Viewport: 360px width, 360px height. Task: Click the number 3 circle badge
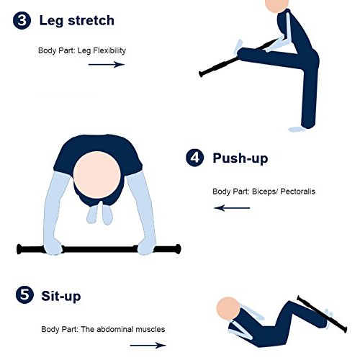(x=22, y=20)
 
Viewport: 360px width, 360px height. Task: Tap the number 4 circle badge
(x=195, y=158)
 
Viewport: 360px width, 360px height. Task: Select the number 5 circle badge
(x=24, y=294)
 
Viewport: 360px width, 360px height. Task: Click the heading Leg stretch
(x=76, y=21)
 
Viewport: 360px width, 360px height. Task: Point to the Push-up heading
(x=240, y=158)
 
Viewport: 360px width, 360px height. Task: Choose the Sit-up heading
(x=61, y=296)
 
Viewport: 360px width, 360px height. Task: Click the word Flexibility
(x=109, y=50)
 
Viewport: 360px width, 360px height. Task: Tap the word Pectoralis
(x=297, y=192)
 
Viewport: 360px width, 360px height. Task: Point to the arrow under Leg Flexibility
(x=107, y=64)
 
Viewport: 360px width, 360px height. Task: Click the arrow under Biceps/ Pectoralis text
(x=232, y=208)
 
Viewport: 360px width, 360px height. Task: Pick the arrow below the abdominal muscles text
(x=148, y=346)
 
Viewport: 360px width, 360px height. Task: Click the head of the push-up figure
(x=97, y=175)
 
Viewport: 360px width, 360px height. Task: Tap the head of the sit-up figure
(x=228, y=308)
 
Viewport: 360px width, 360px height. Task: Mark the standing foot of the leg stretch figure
(x=297, y=130)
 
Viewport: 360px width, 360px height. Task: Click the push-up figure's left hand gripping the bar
(x=53, y=247)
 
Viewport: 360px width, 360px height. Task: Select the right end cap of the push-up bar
(x=177, y=249)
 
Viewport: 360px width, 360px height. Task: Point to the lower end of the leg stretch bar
(x=201, y=74)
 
